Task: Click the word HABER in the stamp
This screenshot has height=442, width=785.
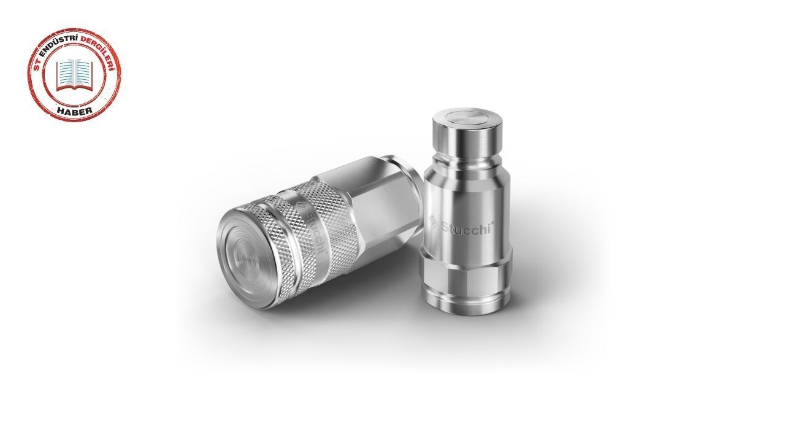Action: point(75,110)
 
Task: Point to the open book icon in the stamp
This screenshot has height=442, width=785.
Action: point(74,75)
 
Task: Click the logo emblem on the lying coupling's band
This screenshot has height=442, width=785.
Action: point(301,206)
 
